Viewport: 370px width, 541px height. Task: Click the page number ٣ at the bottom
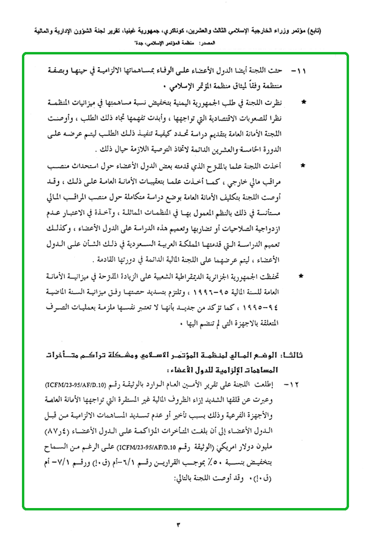click(x=180, y=525)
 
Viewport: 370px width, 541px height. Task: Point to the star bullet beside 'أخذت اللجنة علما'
click(x=304, y=166)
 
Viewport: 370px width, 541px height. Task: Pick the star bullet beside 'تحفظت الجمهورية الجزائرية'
click(x=304, y=276)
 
